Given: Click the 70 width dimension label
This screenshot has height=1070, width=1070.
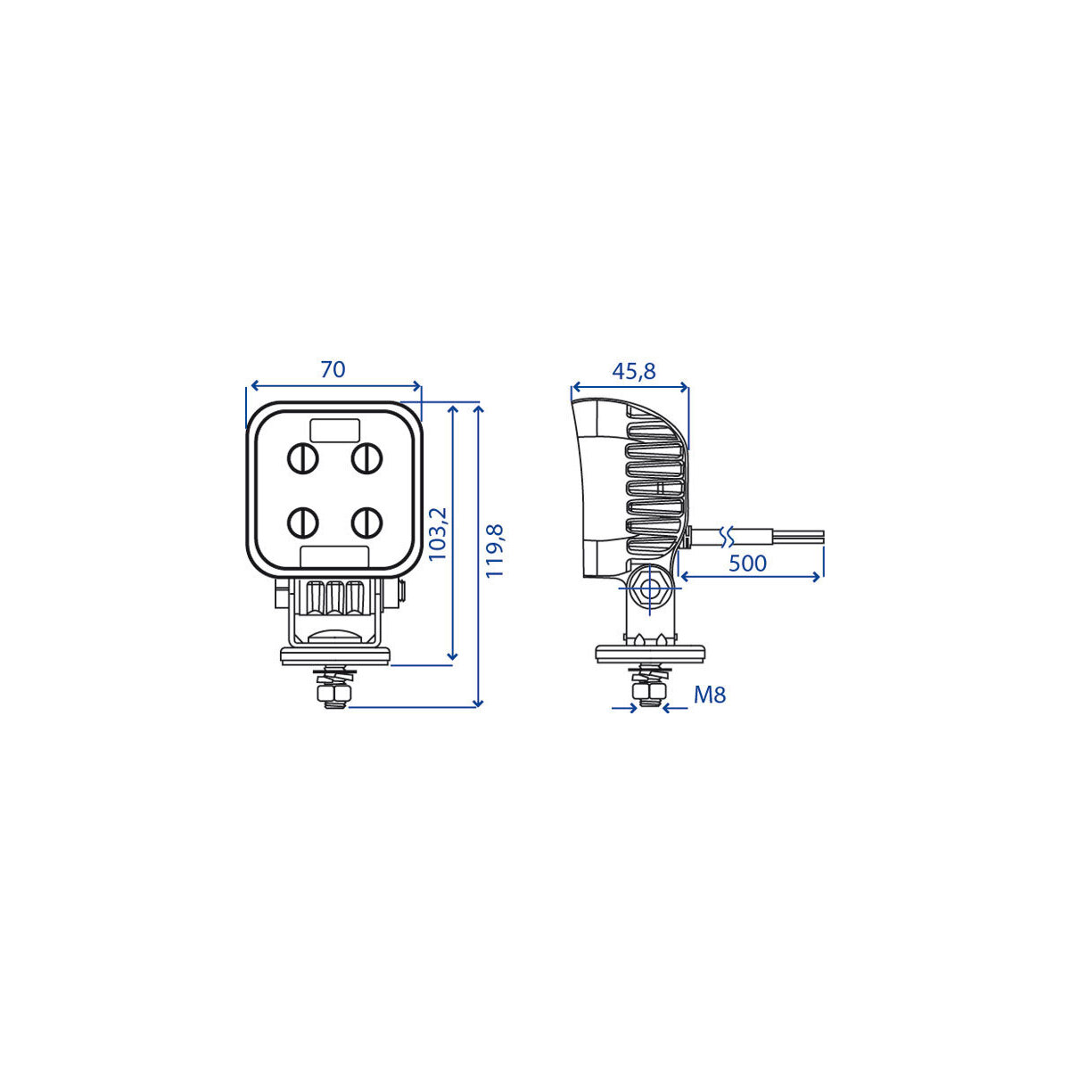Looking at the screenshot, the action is pyautogui.click(x=333, y=369).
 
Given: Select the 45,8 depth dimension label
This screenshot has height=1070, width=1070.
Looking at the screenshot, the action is pyautogui.click(x=634, y=371).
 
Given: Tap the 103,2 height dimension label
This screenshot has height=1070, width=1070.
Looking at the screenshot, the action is pyautogui.click(x=438, y=533).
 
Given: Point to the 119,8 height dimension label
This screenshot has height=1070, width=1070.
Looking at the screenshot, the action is pyautogui.click(x=494, y=550).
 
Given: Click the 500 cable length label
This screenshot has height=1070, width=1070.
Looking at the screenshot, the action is pyautogui.click(x=747, y=563).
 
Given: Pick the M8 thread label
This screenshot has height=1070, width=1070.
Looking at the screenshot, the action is pyautogui.click(x=710, y=695).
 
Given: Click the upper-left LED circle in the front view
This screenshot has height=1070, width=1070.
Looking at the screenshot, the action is pyautogui.click(x=302, y=458).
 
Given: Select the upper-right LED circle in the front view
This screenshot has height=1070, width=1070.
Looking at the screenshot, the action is pyautogui.click(x=366, y=458).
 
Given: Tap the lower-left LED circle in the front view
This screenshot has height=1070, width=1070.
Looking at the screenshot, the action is pyautogui.click(x=302, y=523).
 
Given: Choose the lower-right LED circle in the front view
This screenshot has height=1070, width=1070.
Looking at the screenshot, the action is pyautogui.click(x=366, y=523).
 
